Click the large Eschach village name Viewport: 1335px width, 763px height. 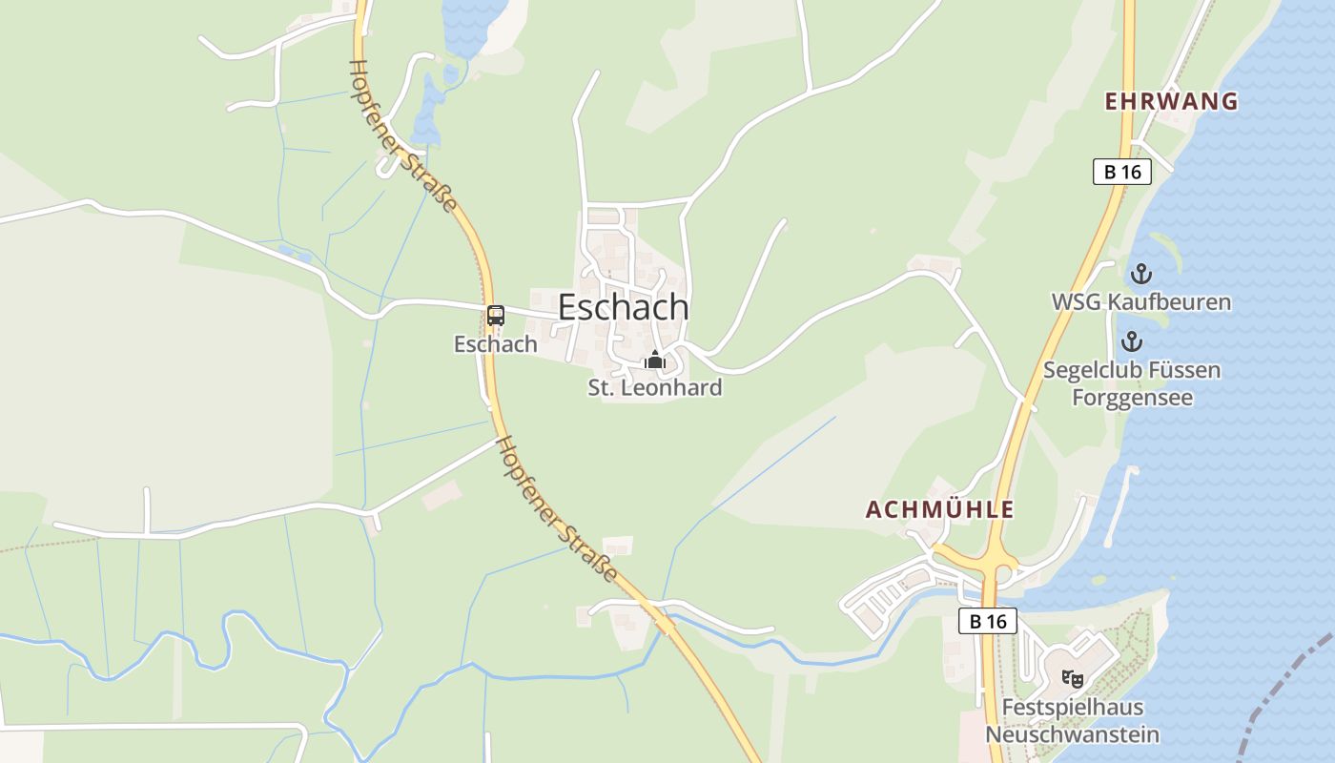click(x=623, y=307)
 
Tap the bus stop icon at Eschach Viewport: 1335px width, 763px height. click(x=496, y=316)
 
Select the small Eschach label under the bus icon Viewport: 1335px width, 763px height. click(x=496, y=344)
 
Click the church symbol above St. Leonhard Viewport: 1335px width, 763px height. click(x=654, y=361)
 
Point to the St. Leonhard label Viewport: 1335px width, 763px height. click(x=654, y=388)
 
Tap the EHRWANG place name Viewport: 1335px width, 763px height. click(x=1171, y=101)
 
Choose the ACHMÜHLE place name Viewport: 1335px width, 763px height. click(x=939, y=509)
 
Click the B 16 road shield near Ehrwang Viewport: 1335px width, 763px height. click(x=1122, y=172)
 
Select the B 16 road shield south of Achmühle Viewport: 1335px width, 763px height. click(x=988, y=621)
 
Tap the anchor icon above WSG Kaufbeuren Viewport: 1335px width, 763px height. click(x=1140, y=275)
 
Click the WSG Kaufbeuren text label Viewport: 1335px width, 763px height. click(x=1140, y=302)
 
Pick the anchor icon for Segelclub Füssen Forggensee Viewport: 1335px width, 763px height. click(x=1132, y=341)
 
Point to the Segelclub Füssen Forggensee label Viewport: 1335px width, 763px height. click(x=1132, y=383)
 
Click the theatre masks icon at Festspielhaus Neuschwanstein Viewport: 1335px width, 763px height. click(x=1073, y=679)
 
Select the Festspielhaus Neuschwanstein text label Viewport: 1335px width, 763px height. click(x=1073, y=722)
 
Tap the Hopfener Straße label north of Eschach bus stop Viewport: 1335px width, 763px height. click(x=402, y=135)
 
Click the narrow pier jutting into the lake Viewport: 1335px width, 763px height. click(x=1121, y=505)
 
